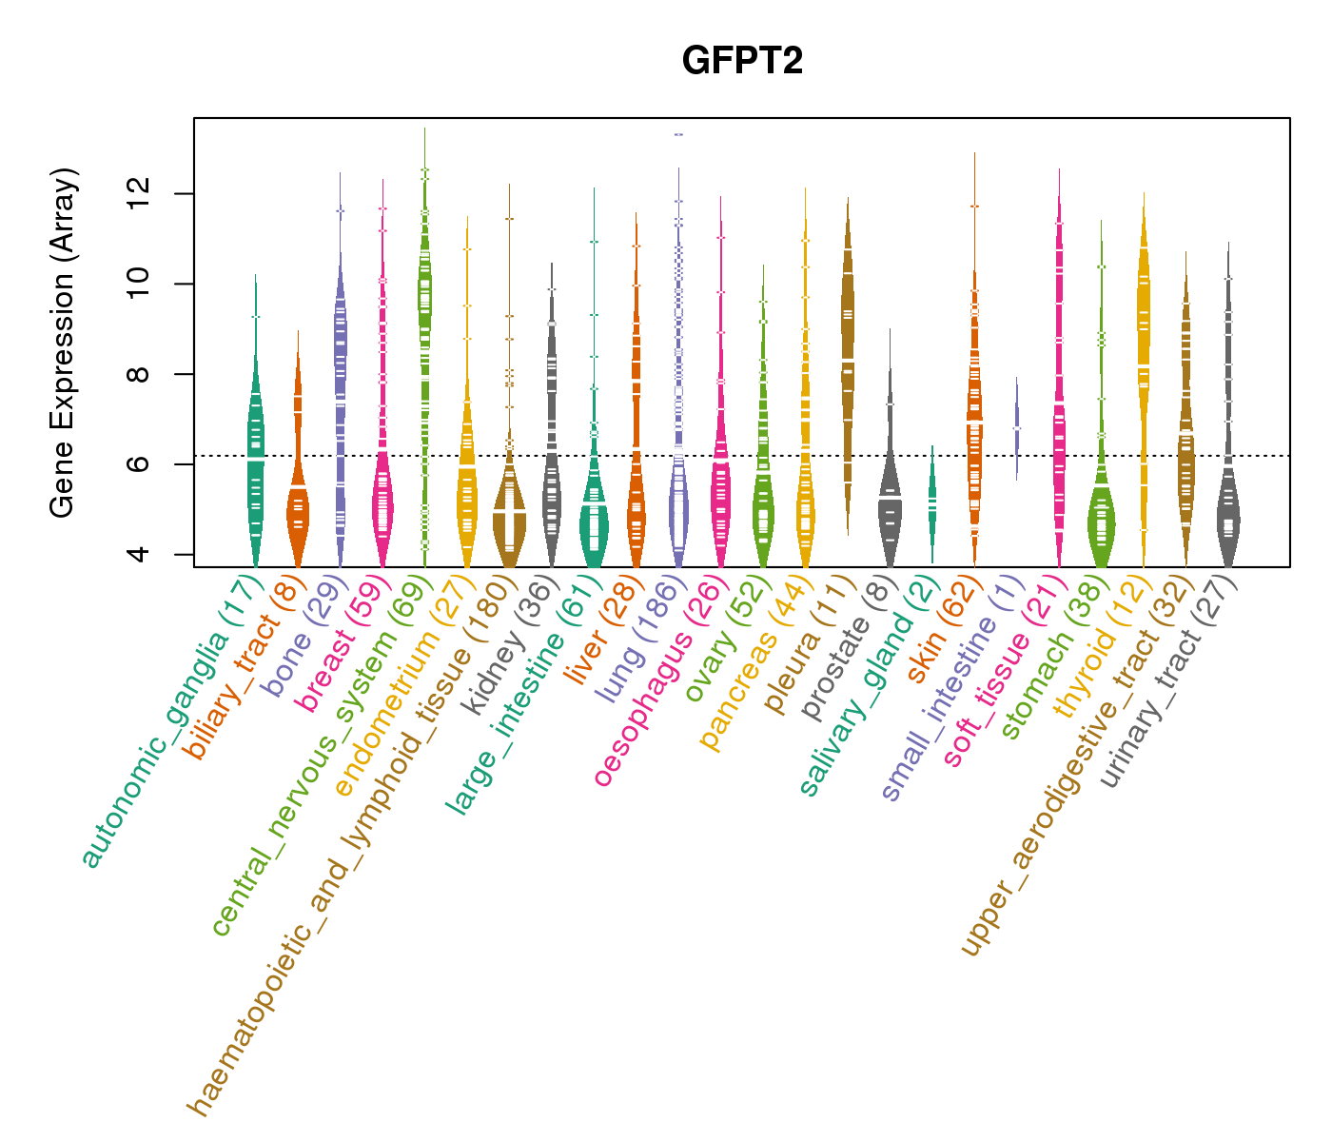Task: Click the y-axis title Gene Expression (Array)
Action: [x=63, y=344]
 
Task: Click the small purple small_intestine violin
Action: [x=1016, y=428]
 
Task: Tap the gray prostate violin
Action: [x=890, y=495]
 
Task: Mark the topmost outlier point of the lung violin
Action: [x=678, y=134]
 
